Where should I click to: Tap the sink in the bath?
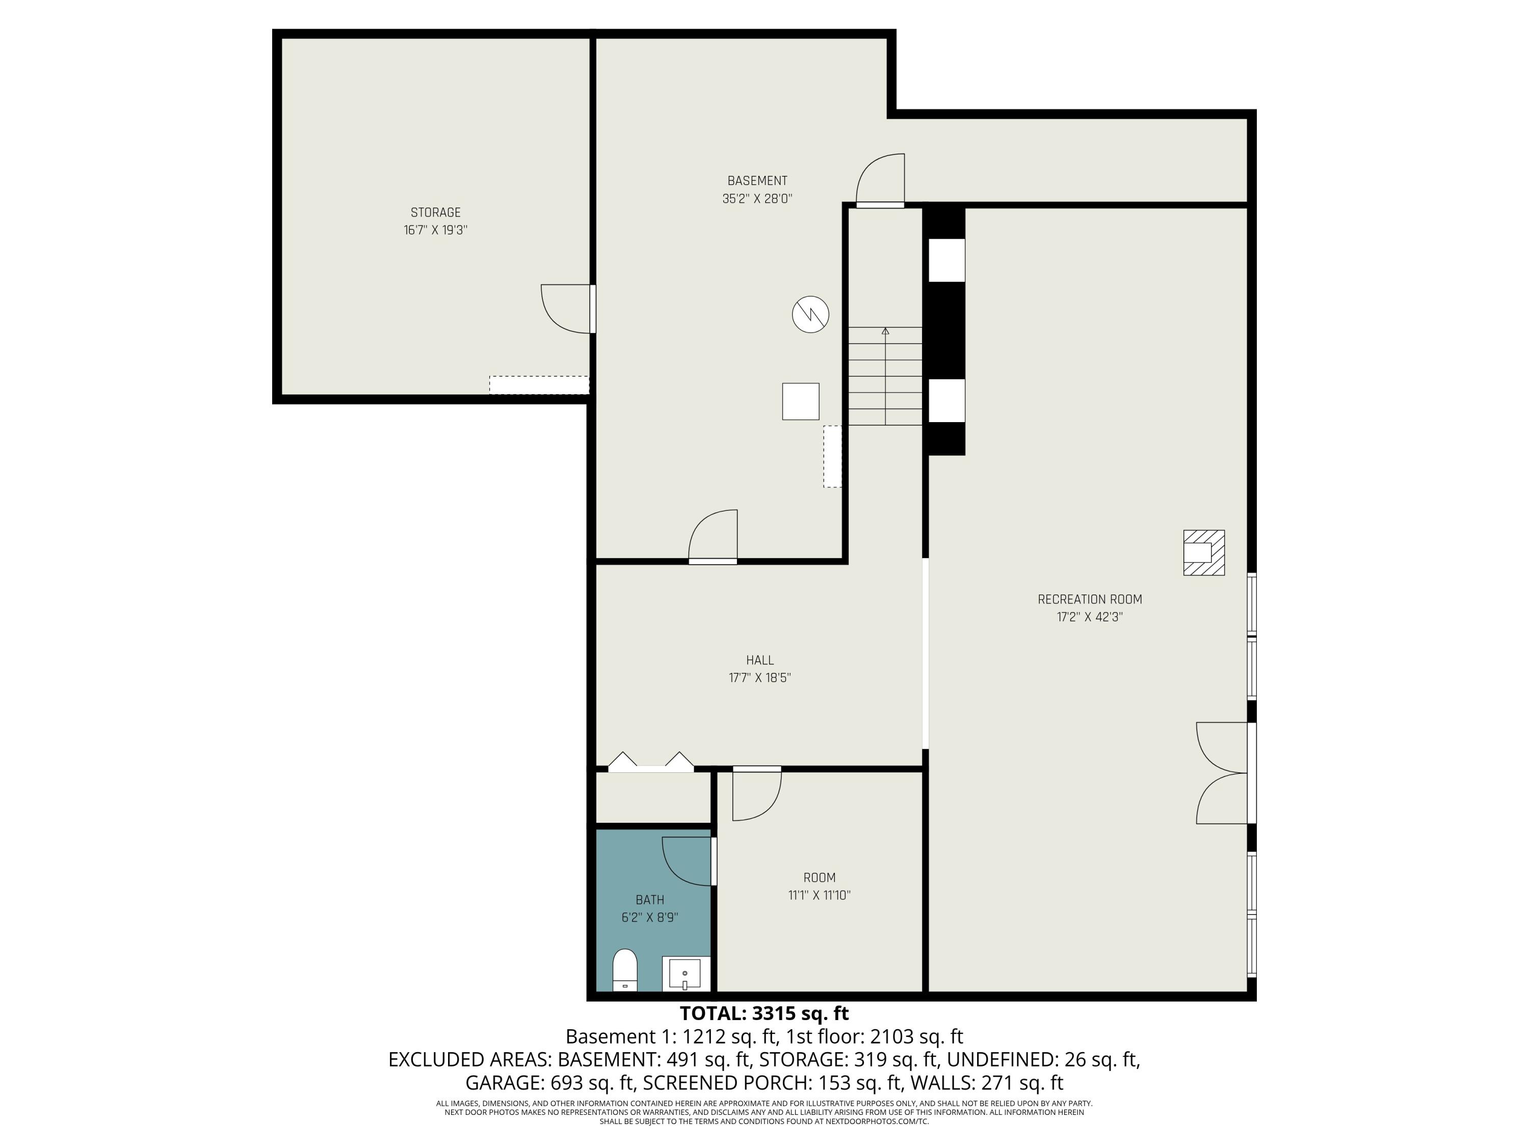point(684,974)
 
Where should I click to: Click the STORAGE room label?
point(435,212)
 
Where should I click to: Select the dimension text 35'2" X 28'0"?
point(757,198)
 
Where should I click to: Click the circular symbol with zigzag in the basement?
point(810,315)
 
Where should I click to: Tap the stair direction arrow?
point(885,332)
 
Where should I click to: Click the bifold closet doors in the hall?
point(650,762)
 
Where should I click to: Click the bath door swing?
point(688,861)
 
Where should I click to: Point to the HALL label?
point(760,660)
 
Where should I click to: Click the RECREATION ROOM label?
point(1089,599)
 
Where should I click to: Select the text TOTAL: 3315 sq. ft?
point(764,1013)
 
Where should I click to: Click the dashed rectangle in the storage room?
point(539,385)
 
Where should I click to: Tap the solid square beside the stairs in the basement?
point(801,402)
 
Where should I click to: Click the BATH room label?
point(650,899)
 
